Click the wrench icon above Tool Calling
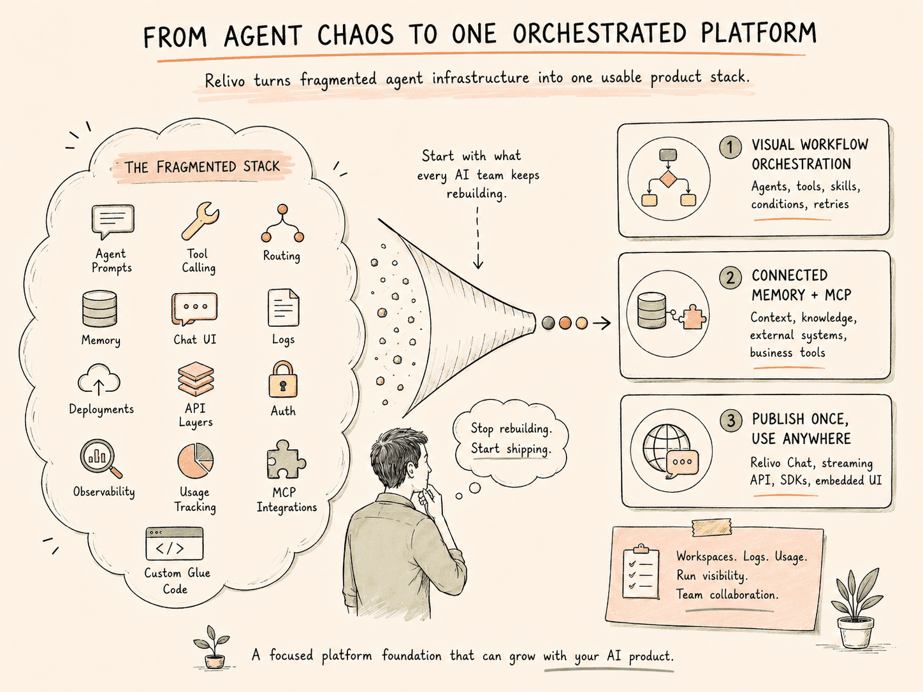point(200,220)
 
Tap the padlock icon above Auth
point(283,379)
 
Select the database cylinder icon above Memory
point(99,309)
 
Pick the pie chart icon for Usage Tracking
point(196,461)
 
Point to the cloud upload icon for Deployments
point(99,380)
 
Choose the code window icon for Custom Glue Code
point(175,544)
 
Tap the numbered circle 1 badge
point(730,147)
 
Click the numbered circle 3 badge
point(731,421)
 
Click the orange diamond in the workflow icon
point(668,180)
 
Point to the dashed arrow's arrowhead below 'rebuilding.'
point(478,264)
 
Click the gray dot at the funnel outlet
point(548,323)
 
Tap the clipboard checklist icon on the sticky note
point(641,572)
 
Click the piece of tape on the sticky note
point(712,528)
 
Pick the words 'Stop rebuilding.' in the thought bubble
point(511,429)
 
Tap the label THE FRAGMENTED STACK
point(202,167)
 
